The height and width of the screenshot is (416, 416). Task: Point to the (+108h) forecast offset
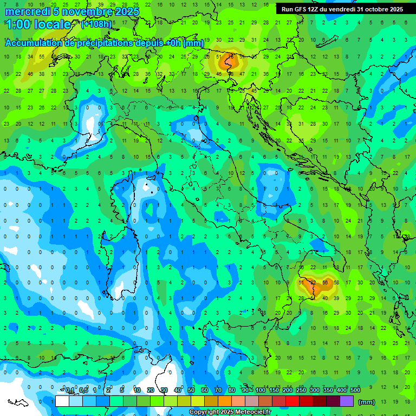97,24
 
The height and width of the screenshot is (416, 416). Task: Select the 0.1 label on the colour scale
70,391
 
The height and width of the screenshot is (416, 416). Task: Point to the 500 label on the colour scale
355,391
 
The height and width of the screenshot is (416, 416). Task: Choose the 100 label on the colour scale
261,391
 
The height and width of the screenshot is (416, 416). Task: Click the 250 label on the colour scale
301,391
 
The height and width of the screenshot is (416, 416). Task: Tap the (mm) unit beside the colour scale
367,402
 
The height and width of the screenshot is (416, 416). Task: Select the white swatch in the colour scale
62,401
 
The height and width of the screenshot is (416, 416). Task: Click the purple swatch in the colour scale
347,401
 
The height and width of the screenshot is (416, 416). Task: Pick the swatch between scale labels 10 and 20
144,401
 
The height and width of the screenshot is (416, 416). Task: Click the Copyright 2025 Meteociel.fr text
230,412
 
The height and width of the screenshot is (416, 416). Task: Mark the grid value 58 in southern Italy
336,283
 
